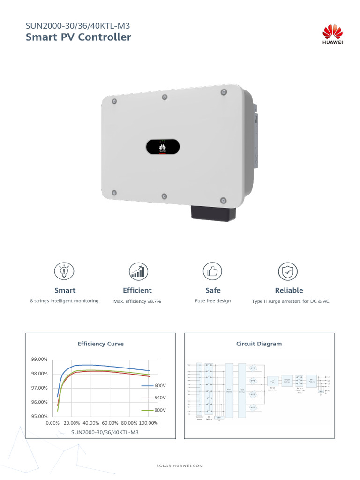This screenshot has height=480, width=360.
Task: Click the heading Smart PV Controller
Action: coord(79,37)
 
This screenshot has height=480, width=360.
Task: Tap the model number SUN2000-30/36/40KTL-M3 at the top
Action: coord(77,26)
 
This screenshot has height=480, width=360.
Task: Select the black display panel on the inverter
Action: coord(162,147)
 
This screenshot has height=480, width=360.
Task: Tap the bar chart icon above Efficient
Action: coord(137,271)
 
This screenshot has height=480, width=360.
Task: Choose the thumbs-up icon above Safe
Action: coord(212,271)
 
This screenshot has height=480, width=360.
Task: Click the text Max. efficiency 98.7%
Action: coord(137,301)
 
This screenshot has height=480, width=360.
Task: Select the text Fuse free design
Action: coord(213,301)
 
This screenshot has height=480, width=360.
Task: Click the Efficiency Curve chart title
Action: coord(100,344)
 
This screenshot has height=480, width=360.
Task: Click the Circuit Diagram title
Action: coord(259,344)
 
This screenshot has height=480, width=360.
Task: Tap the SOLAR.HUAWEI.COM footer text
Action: coord(180,466)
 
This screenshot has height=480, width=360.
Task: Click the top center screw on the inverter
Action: coord(165,97)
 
